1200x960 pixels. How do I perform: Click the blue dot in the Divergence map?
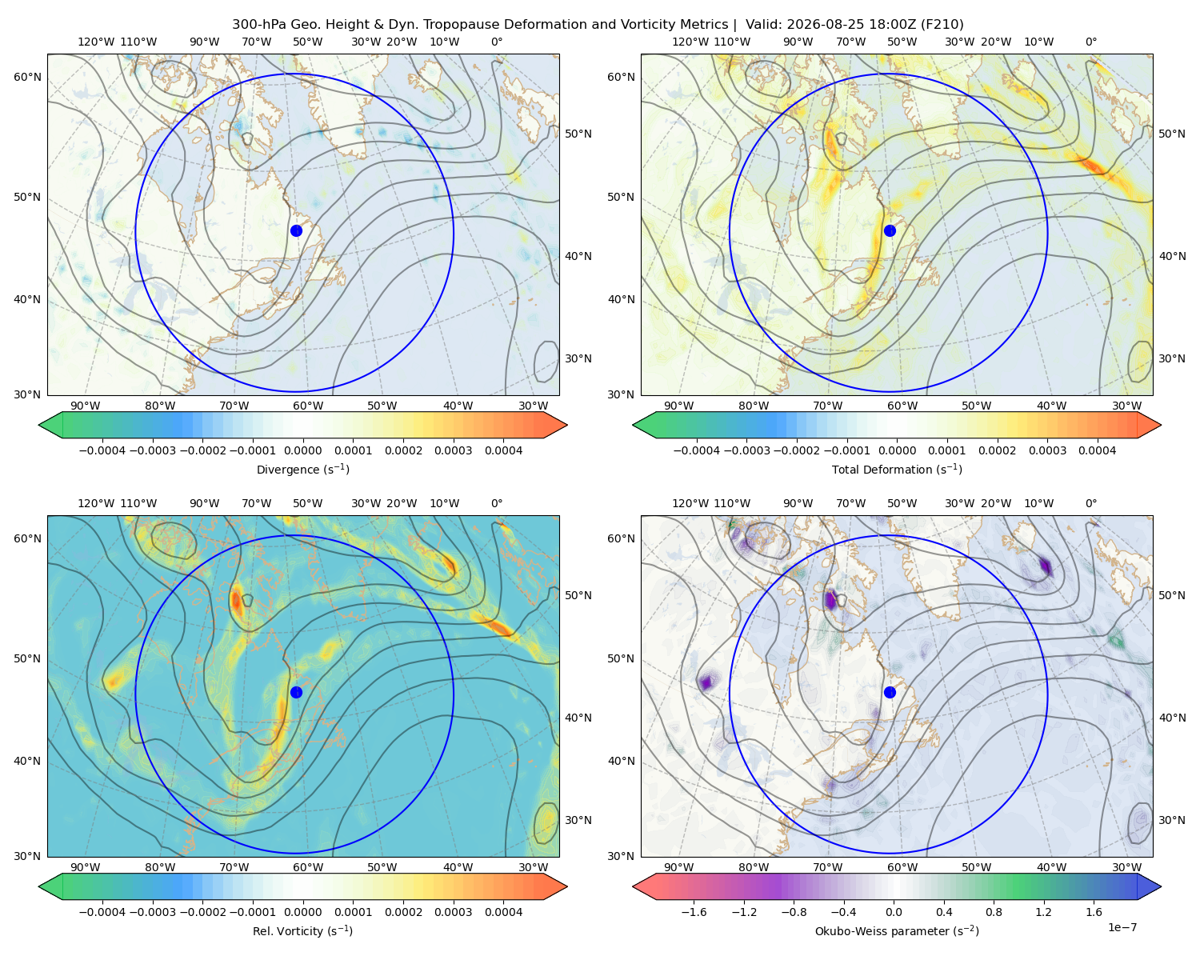[296, 230]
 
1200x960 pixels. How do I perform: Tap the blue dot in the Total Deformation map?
[890, 230]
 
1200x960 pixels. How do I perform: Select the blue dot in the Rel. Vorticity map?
[296, 692]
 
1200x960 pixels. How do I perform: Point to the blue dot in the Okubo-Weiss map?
[890, 692]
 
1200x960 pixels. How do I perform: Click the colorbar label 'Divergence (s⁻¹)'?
[302, 470]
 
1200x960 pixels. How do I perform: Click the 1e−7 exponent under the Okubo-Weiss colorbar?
[1122, 927]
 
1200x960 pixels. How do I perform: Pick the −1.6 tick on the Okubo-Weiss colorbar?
[694, 912]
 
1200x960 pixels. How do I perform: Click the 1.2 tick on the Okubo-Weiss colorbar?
[1043, 912]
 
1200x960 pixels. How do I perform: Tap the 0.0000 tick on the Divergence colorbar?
[302, 450]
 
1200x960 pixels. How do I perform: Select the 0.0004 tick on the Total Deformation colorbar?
[1097, 450]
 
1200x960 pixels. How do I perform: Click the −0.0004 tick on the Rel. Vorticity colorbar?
[102, 912]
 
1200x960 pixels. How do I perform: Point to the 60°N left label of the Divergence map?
[27, 77]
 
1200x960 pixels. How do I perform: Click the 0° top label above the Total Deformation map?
[1090, 42]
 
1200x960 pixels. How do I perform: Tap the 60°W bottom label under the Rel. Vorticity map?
[308, 867]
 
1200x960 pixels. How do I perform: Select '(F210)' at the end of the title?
[942, 25]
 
